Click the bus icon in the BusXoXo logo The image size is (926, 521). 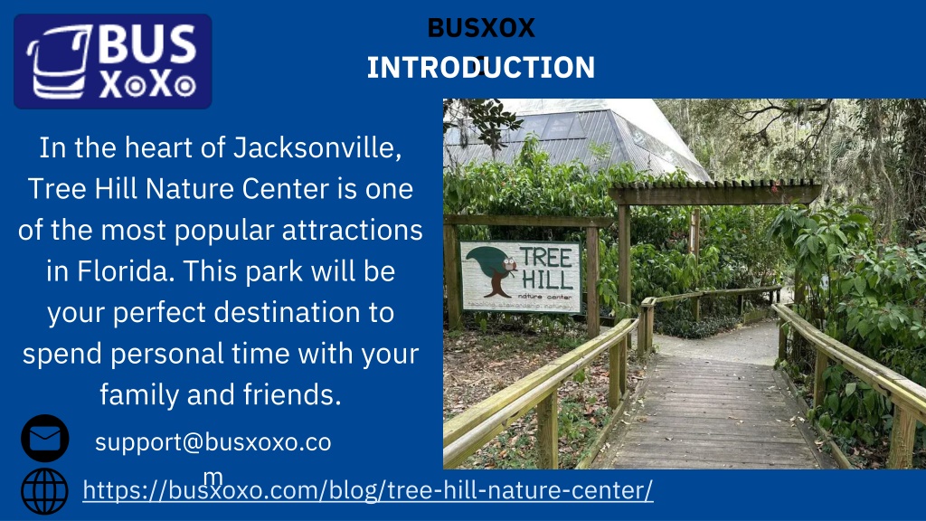click(x=59, y=62)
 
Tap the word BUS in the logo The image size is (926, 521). click(x=146, y=45)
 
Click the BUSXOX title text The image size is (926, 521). click(x=481, y=28)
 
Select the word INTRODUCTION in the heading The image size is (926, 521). click(x=481, y=67)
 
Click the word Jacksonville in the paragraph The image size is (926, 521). click(x=317, y=147)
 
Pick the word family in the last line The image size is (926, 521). click(x=139, y=394)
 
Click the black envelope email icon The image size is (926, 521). click(x=45, y=439)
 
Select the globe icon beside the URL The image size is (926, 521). click(x=45, y=491)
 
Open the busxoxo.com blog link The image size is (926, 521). click(x=368, y=489)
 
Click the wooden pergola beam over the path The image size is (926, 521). click(x=714, y=194)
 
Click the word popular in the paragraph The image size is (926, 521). click(x=224, y=231)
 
